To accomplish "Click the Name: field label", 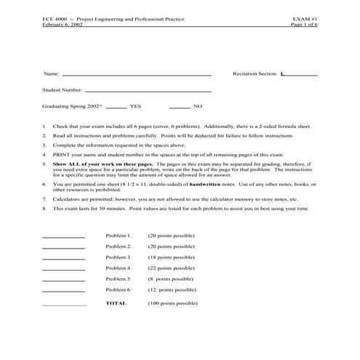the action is [x=51, y=74].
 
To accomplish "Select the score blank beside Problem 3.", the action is [x=64, y=258].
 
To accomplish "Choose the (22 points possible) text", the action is [x=171, y=268].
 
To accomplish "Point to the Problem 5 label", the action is [x=118, y=279].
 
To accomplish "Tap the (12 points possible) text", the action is [x=171, y=289].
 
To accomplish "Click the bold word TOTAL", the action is [x=116, y=303].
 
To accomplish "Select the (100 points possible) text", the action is [x=172, y=303].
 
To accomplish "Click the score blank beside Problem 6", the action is [x=64, y=291].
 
